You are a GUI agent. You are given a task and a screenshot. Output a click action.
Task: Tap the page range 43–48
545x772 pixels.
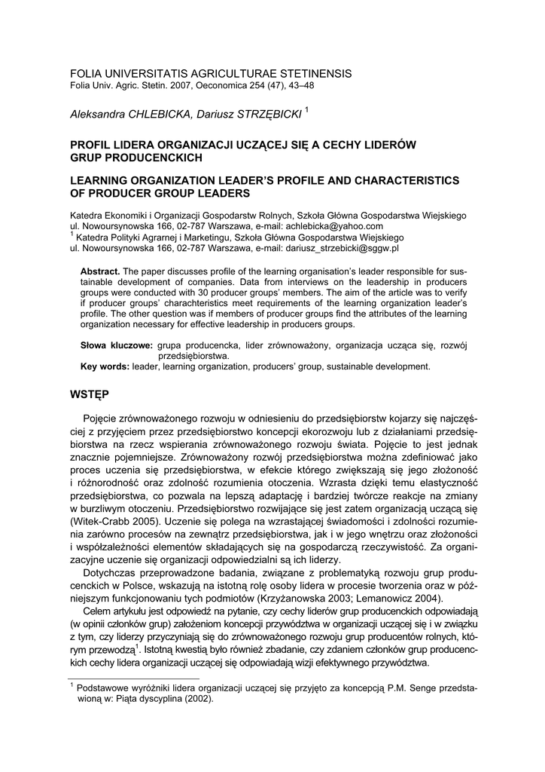(x=299, y=86)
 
